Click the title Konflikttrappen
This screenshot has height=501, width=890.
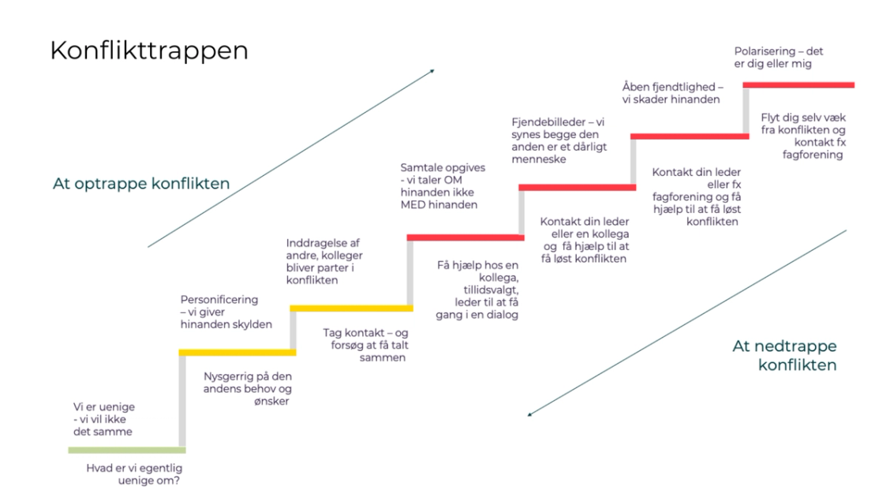click(149, 51)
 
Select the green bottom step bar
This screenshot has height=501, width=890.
click(126, 450)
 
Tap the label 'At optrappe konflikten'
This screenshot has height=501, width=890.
click(141, 184)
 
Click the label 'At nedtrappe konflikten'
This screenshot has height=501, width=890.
click(784, 355)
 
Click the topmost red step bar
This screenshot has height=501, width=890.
click(799, 84)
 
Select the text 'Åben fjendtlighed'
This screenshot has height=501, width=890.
click(671, 87)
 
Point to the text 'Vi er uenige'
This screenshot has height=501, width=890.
click(103, 407)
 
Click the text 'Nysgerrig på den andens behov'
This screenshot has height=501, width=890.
click(248, 383)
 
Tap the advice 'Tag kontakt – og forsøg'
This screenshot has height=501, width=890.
click(365, 338)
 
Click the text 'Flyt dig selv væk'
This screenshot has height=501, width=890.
click(803, 116)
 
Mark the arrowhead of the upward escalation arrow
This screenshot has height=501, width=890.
click(432, 71)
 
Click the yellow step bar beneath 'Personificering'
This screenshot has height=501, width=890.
click(237, 352)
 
